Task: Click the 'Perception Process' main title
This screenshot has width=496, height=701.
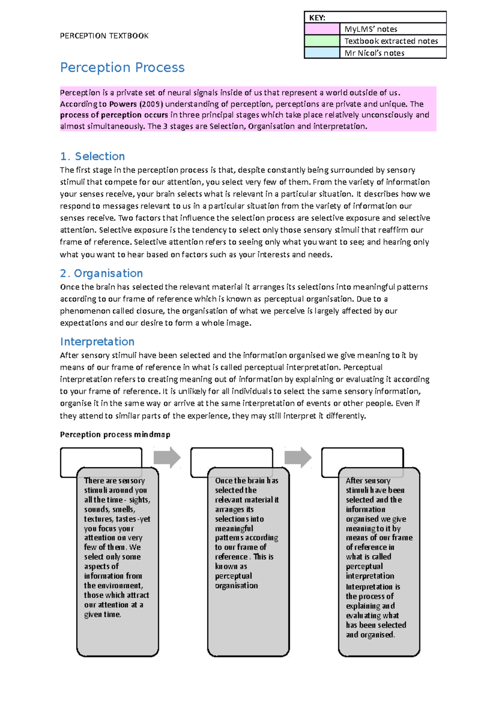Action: coord(122,67)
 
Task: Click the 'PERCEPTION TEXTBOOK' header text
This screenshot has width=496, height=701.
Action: coord(104,36)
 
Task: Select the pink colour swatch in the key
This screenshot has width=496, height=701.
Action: coord(322,29)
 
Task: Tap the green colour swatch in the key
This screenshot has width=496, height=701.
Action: coord(322,41)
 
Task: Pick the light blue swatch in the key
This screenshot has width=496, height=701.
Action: coord(322,53)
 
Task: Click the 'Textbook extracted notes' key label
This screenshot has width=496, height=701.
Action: coord(391,41)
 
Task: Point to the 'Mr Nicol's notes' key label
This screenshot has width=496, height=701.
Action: coord(374,53)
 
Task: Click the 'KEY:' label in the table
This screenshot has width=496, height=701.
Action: coord(317,18)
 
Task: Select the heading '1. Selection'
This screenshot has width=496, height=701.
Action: coord(92,156)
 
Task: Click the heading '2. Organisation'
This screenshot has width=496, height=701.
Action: coord(101,273)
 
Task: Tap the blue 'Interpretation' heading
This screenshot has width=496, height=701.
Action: coord(97,341)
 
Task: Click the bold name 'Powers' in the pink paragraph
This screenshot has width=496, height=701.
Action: coord(123,104)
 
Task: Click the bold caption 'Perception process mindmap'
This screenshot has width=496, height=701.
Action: coord(115,434)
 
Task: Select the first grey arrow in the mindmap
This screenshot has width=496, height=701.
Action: coord(167,457)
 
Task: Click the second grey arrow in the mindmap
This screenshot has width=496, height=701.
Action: coord(298,457)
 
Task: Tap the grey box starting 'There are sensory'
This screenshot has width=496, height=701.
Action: coord(117,561)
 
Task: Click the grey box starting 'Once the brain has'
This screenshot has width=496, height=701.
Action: coord(248,561)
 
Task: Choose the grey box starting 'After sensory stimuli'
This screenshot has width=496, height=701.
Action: coord(379,561)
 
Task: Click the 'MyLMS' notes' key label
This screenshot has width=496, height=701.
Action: coord(371,29)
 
